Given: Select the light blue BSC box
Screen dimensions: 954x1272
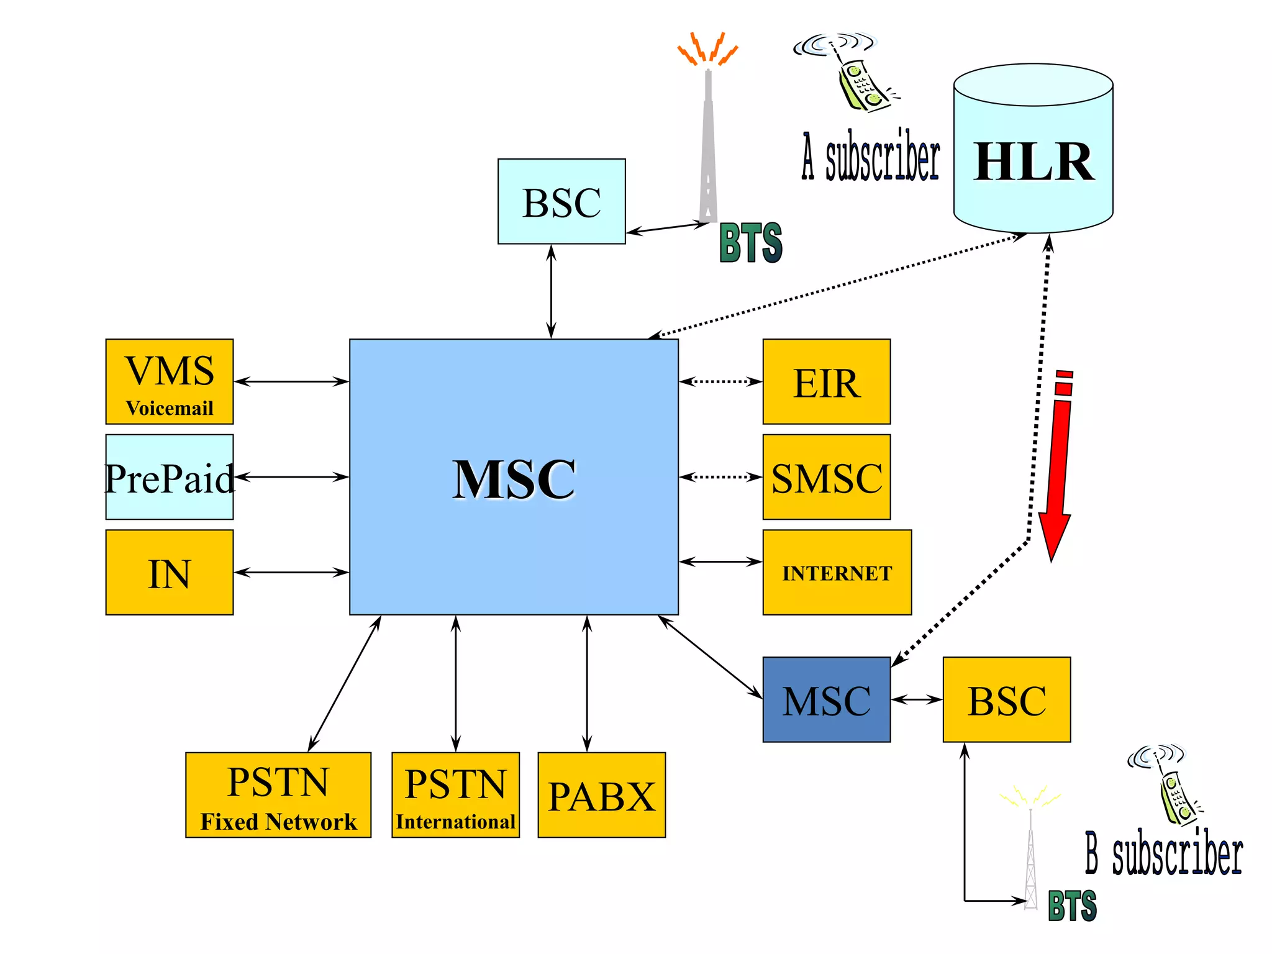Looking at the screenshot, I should click(x=561, y=201).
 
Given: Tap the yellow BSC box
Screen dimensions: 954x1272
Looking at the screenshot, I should click(x=1006, y=699).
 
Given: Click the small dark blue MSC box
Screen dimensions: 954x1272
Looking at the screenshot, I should click(x=826, y=699).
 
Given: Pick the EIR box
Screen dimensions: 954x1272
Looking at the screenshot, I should click(x=826, y=381).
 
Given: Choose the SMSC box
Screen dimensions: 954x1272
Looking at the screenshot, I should click(x=826, y=477).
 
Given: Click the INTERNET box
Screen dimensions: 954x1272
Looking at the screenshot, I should click(x=837, y=572).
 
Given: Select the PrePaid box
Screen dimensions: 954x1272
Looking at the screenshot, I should click(x=169, y=477).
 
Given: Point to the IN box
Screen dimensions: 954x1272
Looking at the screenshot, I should click(x=169, y=572).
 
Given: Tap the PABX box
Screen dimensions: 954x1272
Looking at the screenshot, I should click(x=601, y=795).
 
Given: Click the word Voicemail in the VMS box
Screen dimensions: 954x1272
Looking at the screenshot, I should click(x=169, y=408).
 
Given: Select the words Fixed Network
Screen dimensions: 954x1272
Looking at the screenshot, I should click(x=278, y=822).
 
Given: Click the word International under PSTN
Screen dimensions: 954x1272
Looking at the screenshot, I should click(x=455, y=822).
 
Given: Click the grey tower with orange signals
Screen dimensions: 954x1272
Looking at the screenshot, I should click(x=708, y=143).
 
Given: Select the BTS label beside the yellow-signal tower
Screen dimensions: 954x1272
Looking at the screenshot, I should click(x=1072, y=906).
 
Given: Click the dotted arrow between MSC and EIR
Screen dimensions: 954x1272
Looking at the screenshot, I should click(x=720, y=381).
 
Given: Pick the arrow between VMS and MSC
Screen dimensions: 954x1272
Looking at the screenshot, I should click(x=291, y=381).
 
